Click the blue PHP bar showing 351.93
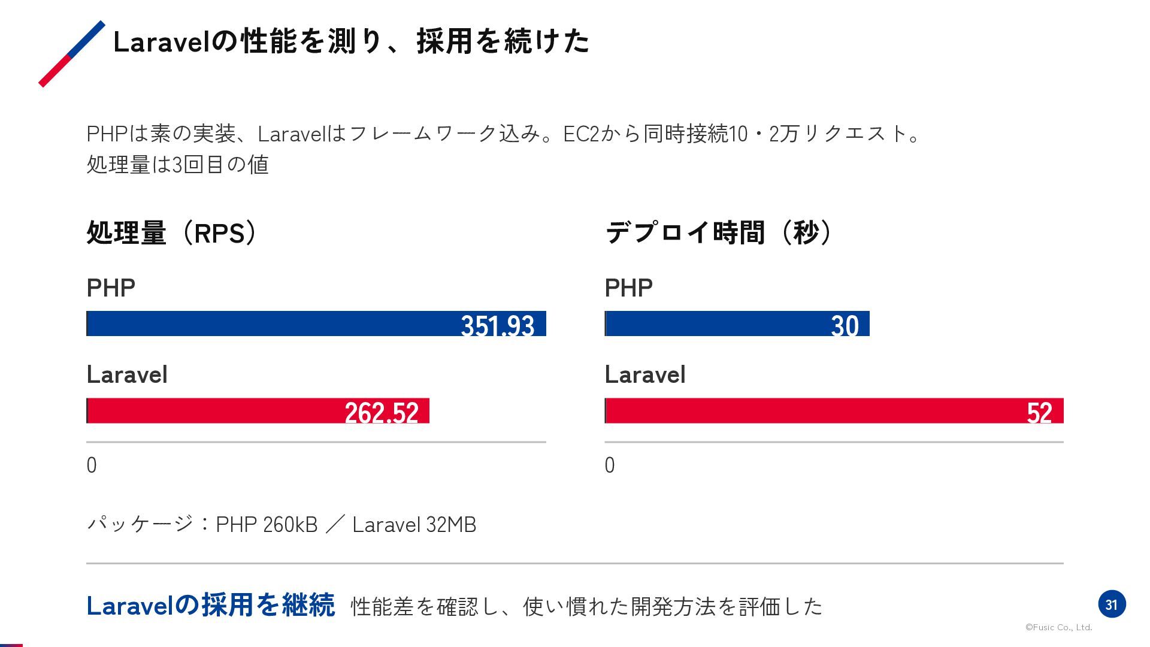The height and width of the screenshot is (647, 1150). [x=316, y=323]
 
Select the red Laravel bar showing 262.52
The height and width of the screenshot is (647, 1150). [x=258, y=410]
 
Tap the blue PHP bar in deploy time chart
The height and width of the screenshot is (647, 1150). [x=737, y=323]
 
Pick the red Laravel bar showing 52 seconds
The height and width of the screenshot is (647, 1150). [x=834, y=410]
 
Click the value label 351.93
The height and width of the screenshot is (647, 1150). [x=498, y=325]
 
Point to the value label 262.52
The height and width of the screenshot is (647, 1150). [x=382, y=412]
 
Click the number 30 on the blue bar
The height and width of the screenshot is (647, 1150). [x=845, y=325]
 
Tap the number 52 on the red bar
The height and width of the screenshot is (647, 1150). [x=1039, y=412]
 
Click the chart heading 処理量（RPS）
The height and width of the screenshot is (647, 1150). [x=173, y=232]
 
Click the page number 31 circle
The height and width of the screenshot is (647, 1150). [x=1112, y=604]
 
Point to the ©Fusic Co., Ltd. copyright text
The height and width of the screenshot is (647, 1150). [x=1059, y=627]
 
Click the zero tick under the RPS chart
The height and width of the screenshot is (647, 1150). [x=92, y=465]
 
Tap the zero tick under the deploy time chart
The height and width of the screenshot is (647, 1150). [x=610, y=465]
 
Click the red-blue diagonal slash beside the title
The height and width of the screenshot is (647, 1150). [x=72, y=54]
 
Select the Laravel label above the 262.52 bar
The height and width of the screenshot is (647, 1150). [x=127, y=374]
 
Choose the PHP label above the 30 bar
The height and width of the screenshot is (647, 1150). [x=628, y=288]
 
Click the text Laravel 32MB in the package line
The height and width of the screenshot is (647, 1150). [x=414, y=524]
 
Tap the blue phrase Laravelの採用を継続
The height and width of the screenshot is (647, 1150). [x=211, y=605]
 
